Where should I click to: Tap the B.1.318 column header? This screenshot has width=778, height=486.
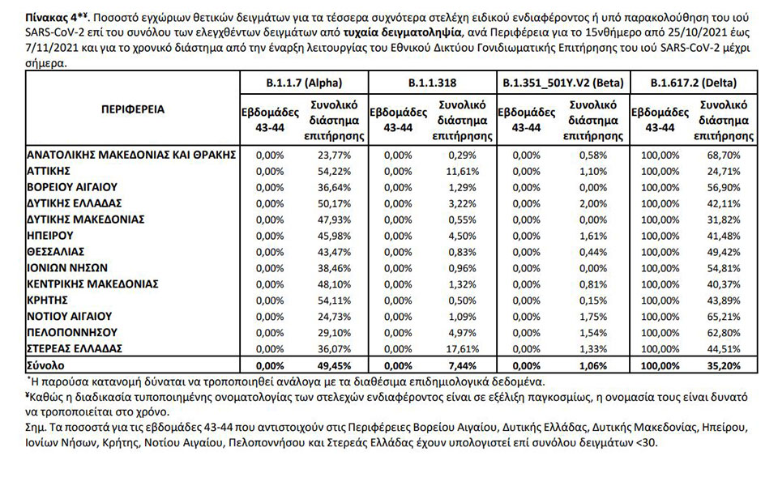(x=431, y=83)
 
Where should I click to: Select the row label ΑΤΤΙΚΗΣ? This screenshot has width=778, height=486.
(x=50, y=171)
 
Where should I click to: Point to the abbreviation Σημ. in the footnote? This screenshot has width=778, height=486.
(x=37, y=425)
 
